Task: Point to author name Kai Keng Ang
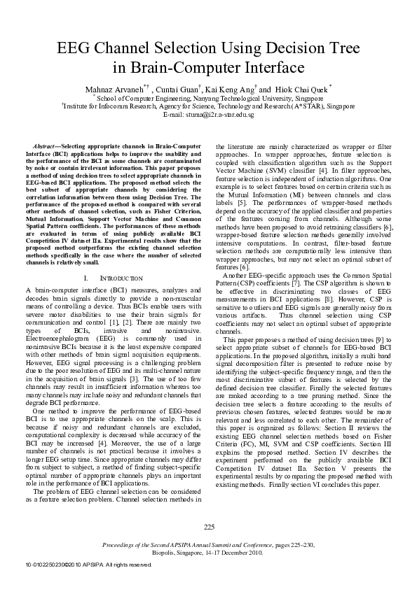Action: coord(235,90)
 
